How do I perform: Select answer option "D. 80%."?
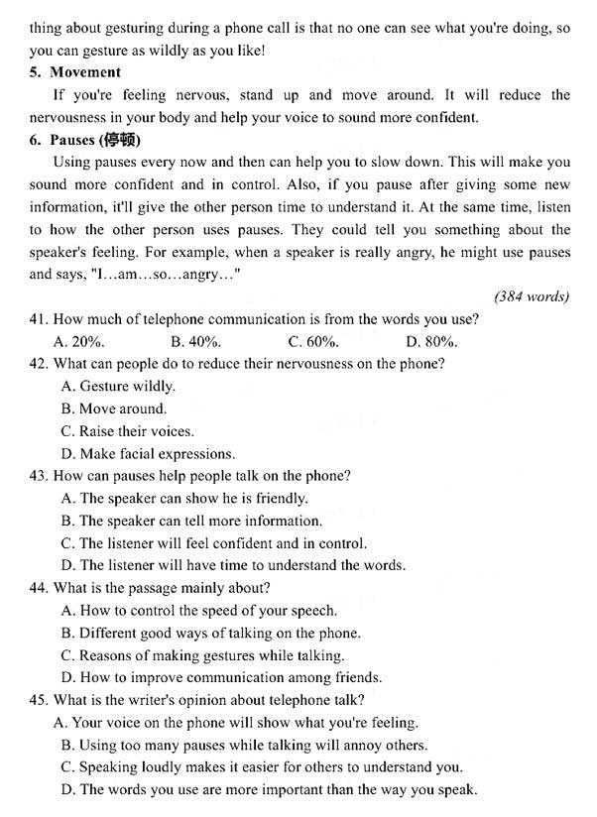click(431, 341)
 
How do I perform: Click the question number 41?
click(39, 318)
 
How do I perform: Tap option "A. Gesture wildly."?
click(118, 387)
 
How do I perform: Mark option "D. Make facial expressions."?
click(148, 454)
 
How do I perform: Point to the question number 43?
click(39, 476)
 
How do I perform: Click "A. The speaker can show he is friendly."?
click(184, 499)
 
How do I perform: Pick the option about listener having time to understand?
click(233, 566)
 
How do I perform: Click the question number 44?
click(39, 588)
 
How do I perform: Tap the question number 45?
click(39, 700)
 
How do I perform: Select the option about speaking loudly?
click(262, 767)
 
